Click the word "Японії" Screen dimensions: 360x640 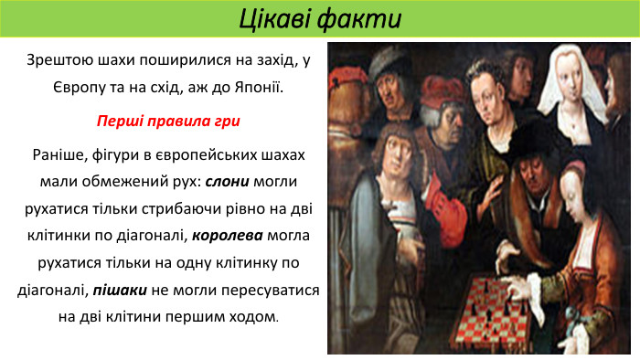coord(260,90)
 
